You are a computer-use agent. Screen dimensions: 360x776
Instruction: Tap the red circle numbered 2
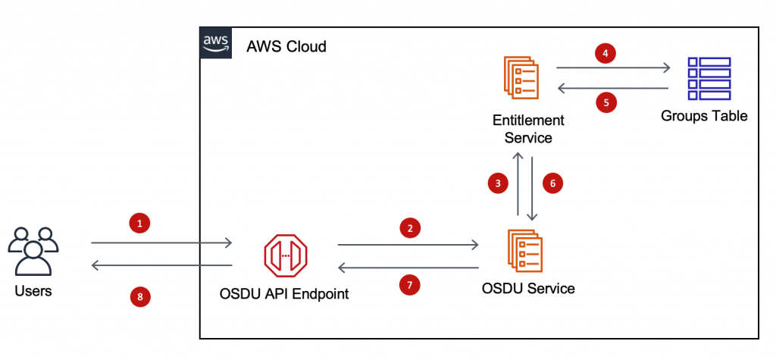[410, 228]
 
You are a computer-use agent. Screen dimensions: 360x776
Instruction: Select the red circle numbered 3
[497, 183]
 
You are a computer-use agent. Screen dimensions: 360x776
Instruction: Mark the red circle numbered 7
[410, 284]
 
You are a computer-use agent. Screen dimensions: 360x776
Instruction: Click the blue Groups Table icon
[709, 78]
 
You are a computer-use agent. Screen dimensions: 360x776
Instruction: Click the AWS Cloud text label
[286, 47]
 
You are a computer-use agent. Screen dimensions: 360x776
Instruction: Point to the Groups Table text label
[704, 116]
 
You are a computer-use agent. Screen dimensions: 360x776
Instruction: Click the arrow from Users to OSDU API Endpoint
[161, 243]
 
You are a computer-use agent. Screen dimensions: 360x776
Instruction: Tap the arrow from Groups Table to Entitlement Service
[614, 89]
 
